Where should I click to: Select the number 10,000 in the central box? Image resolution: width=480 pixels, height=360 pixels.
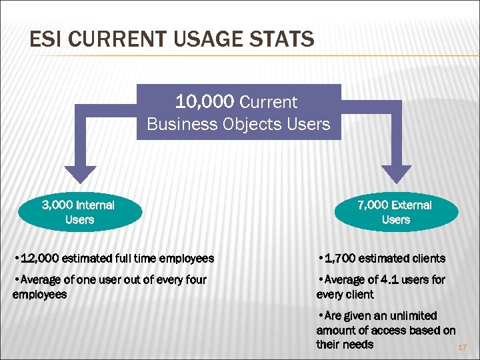205,102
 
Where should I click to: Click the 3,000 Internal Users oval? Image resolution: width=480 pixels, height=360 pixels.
79,212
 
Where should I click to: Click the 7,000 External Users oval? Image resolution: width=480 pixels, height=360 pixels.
396,212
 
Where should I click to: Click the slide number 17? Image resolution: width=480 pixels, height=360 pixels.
463,348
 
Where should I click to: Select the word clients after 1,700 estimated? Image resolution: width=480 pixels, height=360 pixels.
425,258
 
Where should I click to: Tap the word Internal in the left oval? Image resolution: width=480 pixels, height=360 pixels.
95,205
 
